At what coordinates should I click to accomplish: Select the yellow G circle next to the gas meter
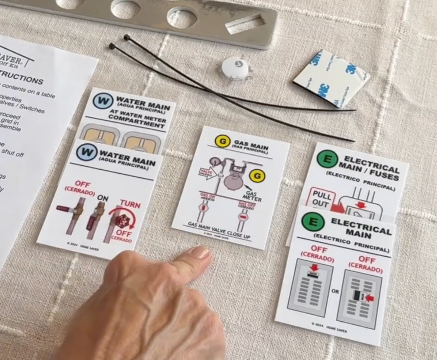coord(257,176)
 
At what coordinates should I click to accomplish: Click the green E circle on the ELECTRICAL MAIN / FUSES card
coord(327,159)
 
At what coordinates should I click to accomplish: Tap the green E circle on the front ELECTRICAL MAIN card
coord(313,222)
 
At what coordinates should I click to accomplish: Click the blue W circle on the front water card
coord(86,152)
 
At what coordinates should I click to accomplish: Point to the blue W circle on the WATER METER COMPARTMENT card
coord(103,101)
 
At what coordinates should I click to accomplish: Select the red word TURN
coord(130,204)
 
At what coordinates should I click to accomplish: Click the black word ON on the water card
coord(103,198)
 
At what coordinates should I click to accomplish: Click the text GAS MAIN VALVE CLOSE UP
coord(219,229)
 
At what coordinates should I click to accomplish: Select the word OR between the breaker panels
coord(335,291)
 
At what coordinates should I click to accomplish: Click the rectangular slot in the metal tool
coord(246,24)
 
